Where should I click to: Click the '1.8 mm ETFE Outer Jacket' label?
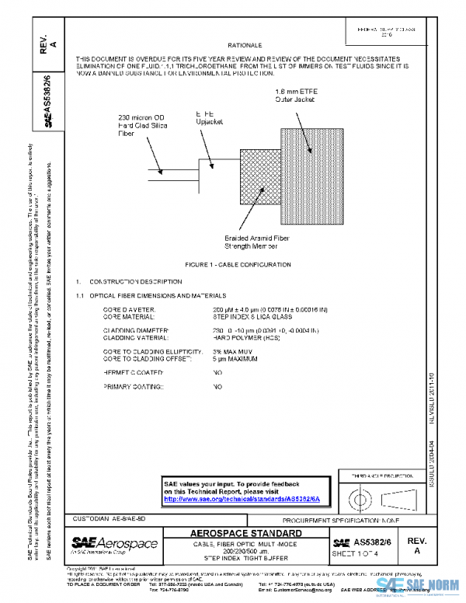[x=299, y=96]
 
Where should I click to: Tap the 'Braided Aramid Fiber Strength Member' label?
[x=256, y=242]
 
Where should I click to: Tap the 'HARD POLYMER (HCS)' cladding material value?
[x=245, y=338]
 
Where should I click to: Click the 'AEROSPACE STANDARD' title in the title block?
[x=248, y=534]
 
